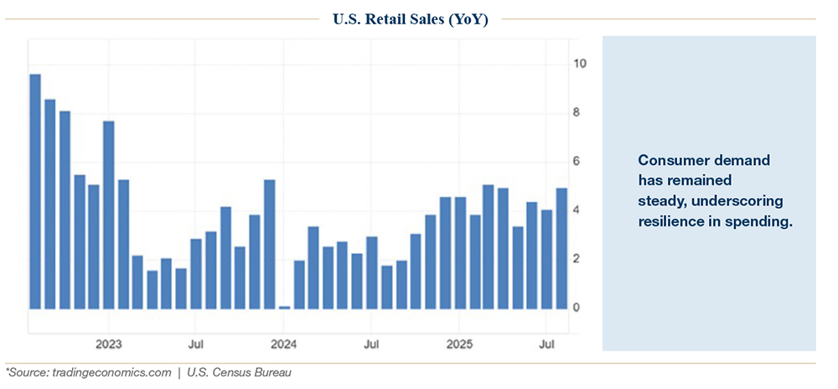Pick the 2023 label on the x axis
point(109,345)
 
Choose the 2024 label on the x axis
point(284,345)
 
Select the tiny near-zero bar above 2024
point(284,307)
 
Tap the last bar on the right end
point(561,248)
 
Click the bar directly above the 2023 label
point(108,215)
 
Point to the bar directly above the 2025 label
point(460,252)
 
